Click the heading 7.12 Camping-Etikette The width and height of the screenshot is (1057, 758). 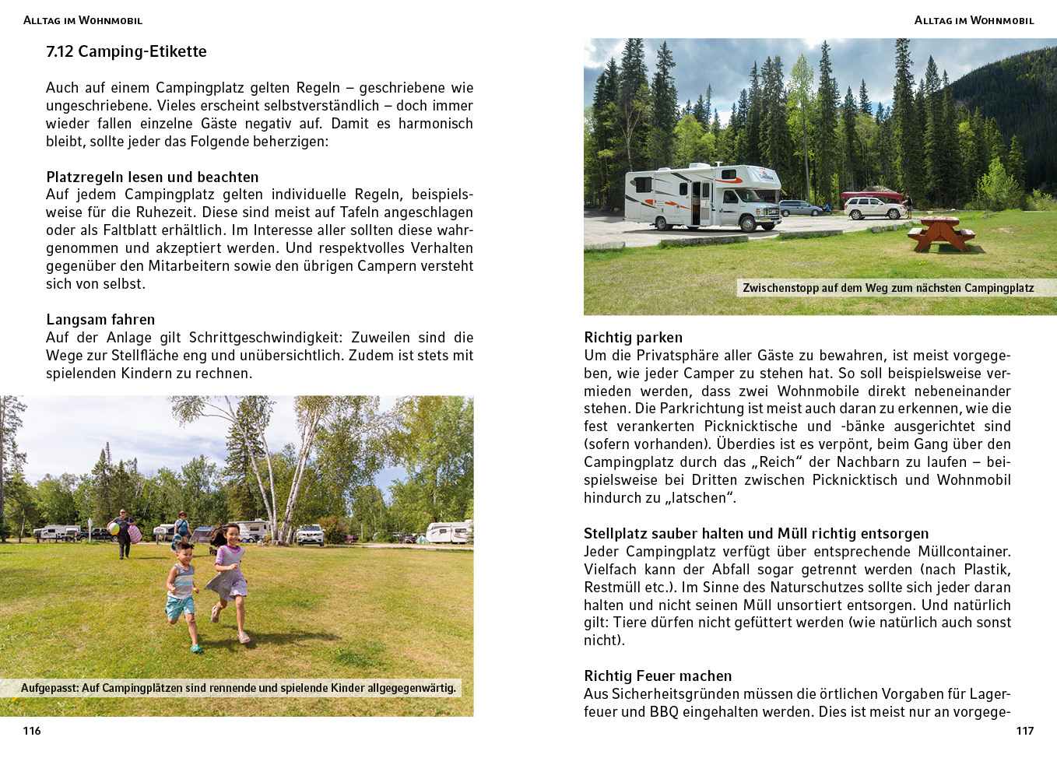tap(126, 52)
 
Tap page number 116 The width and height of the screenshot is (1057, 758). tap(32, 731)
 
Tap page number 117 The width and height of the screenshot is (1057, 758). tap(1024, 731)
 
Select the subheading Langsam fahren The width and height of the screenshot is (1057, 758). tap(100, 320)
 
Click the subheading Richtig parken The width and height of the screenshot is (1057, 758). tap(633, 338)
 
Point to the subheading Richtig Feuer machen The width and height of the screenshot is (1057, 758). tap(658, 676)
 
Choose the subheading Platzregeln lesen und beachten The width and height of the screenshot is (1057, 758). tap(152, 177)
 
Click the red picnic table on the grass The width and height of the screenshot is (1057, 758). tap(941, 233)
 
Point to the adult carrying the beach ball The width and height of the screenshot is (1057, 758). tap(124, 533)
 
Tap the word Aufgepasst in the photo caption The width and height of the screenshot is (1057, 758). tap(49, 688)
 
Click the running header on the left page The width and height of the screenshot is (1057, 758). tap(83, 20)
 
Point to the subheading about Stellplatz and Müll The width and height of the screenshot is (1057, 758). tap(756, 534)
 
